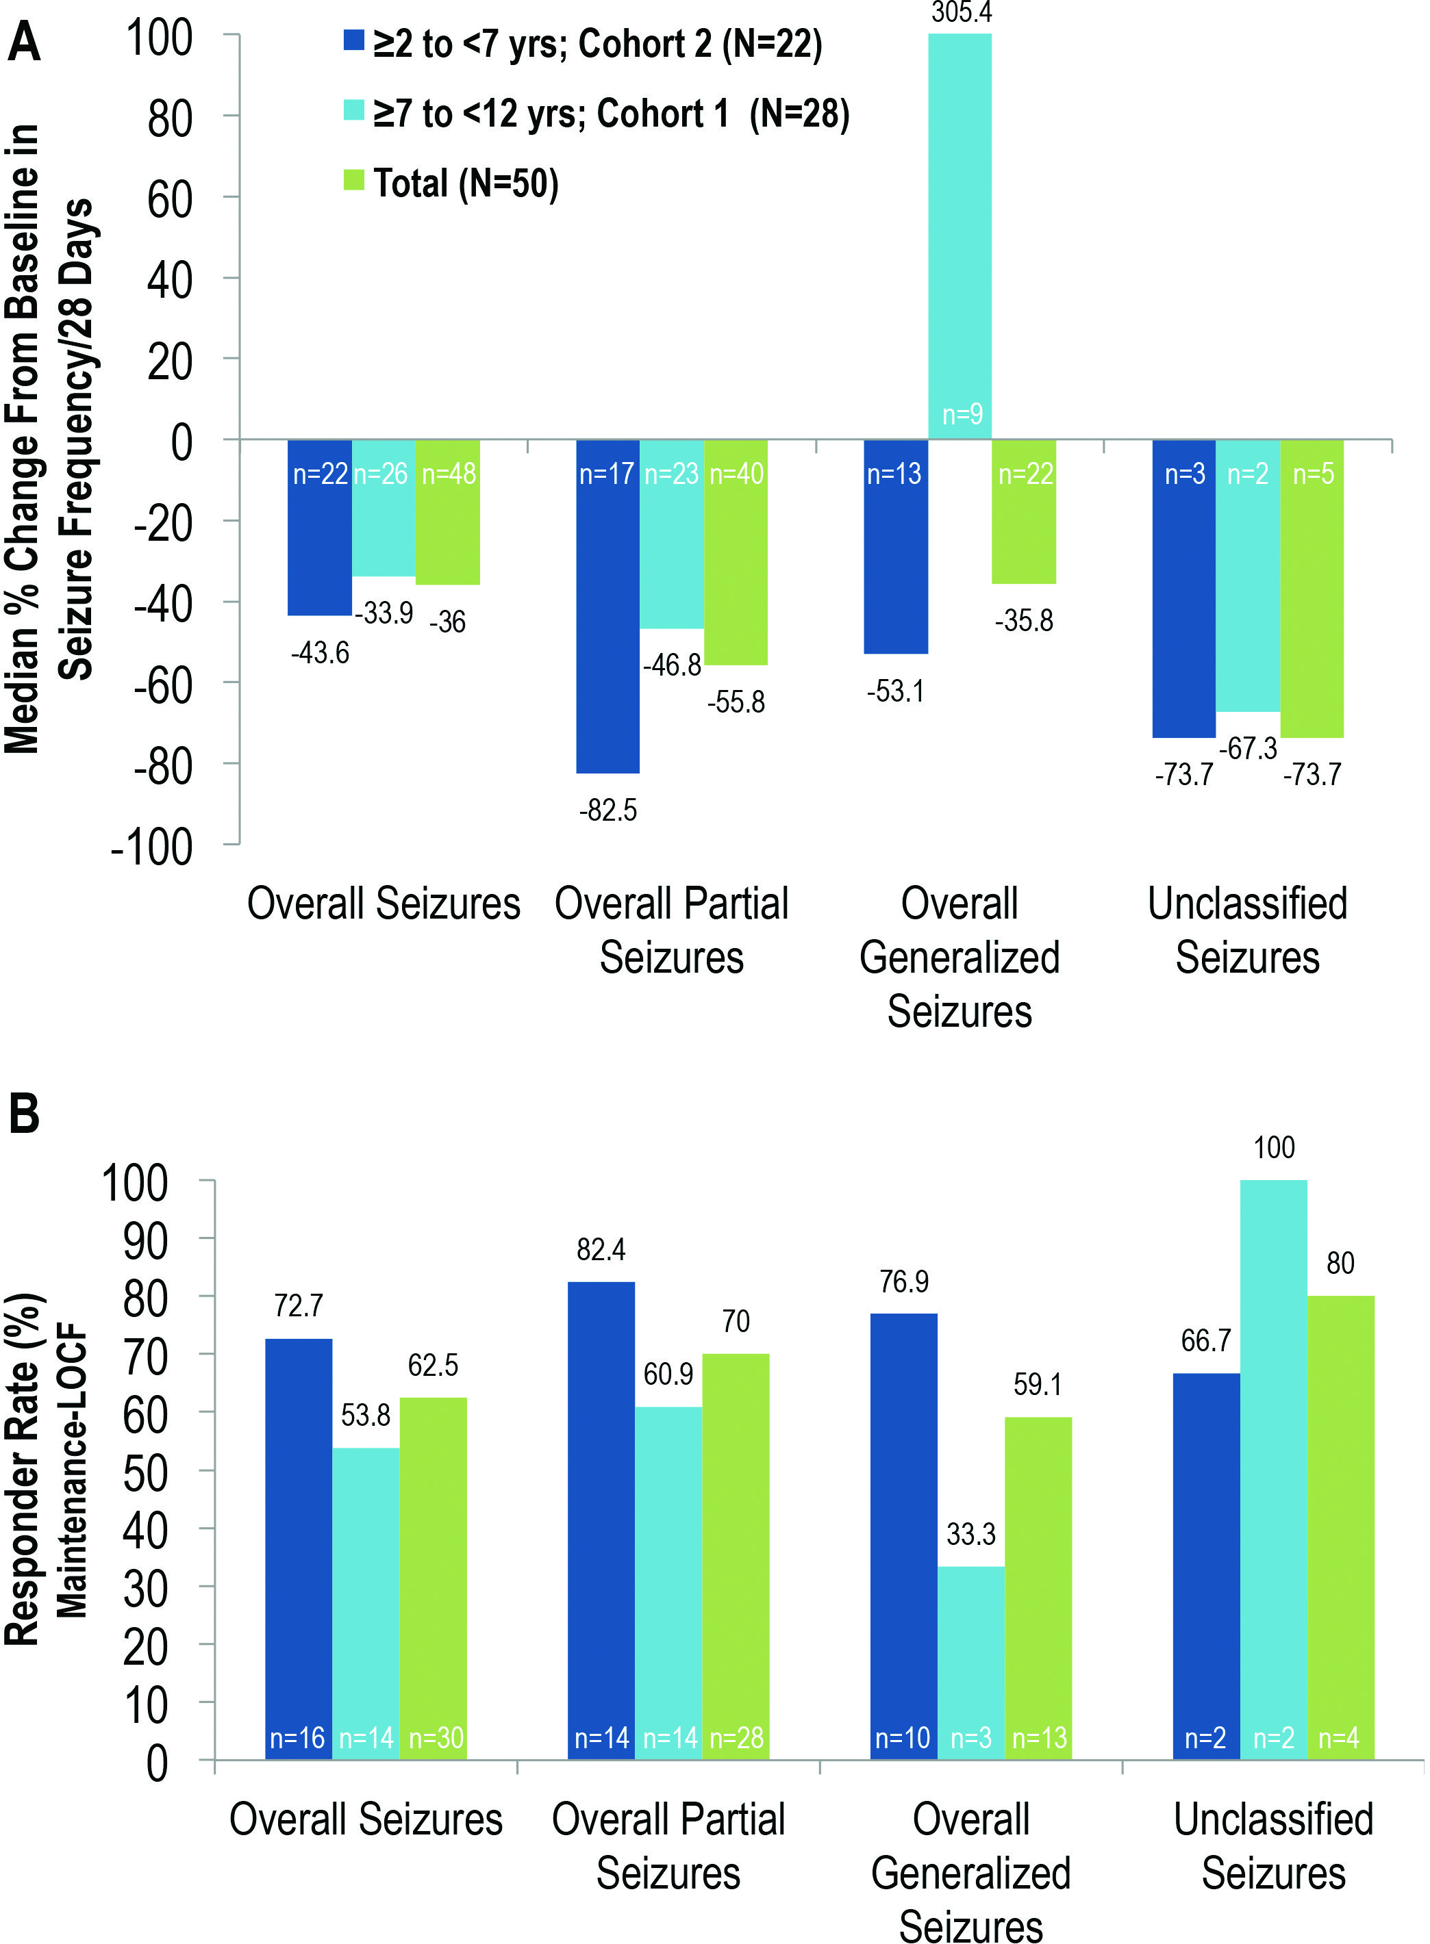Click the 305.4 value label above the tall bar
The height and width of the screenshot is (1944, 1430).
point(961,12)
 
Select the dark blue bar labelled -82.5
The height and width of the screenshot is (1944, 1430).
point(609,606)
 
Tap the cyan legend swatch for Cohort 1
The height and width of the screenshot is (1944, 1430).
point(354,110)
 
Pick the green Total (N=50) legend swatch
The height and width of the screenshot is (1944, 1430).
point(354,180)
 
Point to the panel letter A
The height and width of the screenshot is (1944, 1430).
point(23,42)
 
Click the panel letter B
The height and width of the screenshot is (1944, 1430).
point(23,1114)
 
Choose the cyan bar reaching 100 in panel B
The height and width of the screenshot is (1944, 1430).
point(1273,1471)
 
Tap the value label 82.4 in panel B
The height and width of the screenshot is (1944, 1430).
point(601,1249)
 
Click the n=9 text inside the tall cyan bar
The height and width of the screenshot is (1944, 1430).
point(962,414)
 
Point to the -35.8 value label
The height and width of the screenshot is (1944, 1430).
point(1024,620)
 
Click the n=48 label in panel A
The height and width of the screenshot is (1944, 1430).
point(449,474)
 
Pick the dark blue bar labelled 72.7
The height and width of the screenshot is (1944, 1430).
point(299,1548)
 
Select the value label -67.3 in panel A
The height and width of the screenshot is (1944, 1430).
point(1247,747)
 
